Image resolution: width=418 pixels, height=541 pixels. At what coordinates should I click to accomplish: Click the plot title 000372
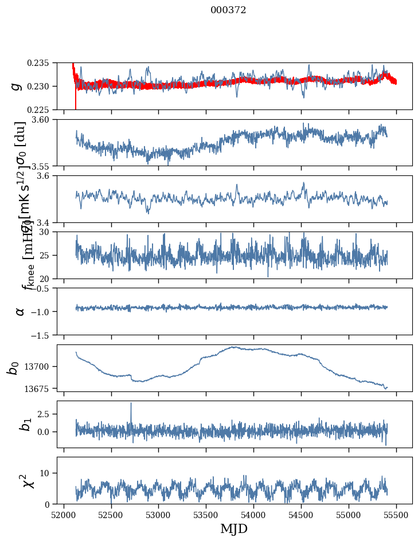coord(228,10)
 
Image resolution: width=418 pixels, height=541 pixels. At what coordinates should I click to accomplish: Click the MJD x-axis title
coord(234,528)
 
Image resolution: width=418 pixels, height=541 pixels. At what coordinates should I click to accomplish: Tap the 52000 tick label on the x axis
coord(64,514)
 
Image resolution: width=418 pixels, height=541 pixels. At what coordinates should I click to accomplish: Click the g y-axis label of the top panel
coord(17,86)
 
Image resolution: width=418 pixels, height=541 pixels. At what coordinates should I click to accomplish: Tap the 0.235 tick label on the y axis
coord(39,62)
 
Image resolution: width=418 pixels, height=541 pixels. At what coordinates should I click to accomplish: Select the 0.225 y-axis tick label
coord(39,109)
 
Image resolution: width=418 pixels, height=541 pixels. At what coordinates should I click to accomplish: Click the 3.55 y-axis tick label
coord(41,166)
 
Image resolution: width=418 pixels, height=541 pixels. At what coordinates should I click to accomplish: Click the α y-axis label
coord(20,311)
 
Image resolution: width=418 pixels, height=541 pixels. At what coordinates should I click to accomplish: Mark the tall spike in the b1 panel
coord(131,403)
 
